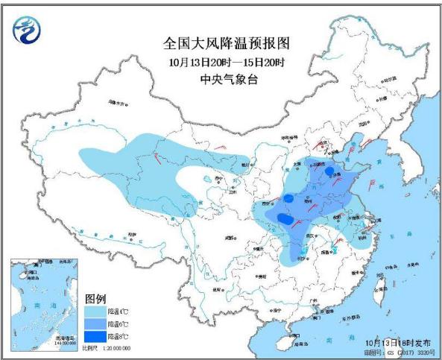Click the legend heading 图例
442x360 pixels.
click(95, 297)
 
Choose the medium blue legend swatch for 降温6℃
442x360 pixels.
click(95, 325)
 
